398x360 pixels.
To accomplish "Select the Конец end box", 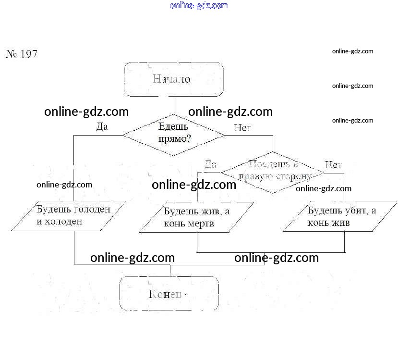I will (x=169, y=294).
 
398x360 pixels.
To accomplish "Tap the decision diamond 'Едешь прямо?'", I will (x=173, y=135).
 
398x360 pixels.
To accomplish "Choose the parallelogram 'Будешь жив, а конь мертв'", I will (x=196, y=218).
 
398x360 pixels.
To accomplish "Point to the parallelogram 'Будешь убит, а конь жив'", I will (x=340, y=217).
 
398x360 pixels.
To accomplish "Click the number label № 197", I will (x=22, y=54).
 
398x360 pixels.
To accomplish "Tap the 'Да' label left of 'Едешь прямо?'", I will (x=102, y=127).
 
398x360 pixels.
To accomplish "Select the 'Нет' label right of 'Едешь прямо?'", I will (x=242, y=128).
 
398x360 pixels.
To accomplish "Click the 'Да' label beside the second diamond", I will (x=210, y=165).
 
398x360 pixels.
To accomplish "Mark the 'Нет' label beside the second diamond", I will (x=333, y=165).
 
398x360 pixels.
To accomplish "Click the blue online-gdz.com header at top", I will (x=199, y=6).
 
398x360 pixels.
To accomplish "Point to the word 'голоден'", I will (x=91, y=210).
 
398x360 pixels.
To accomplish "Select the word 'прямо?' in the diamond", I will (x=174, y=139).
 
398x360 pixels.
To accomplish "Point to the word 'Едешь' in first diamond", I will (x=173, y=127).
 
